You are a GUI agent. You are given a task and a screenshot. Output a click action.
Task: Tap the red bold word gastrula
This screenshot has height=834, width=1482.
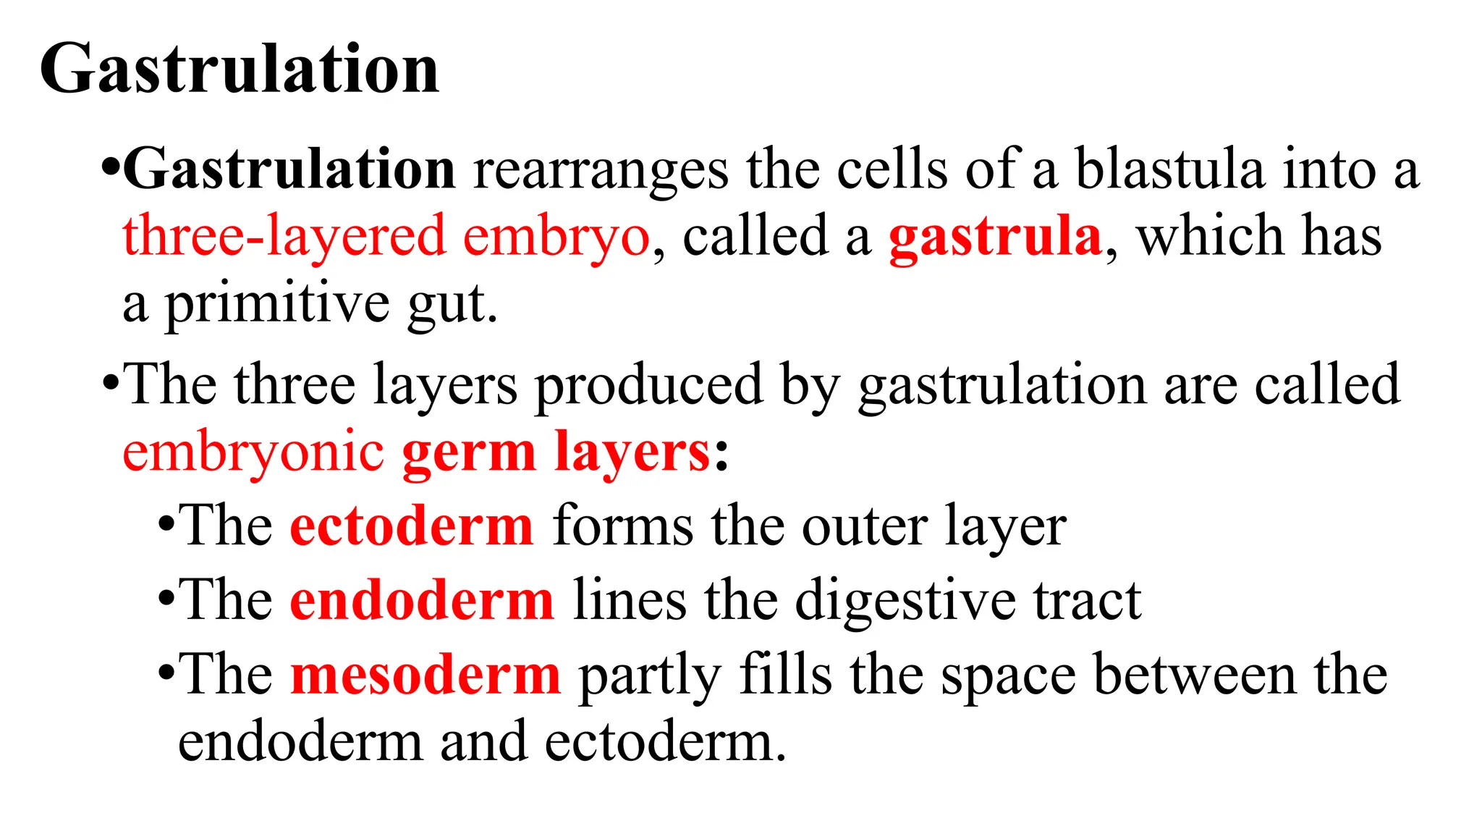click(x=995, y=237)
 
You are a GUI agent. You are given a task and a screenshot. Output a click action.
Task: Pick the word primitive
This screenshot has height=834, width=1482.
click(x=278, y=304)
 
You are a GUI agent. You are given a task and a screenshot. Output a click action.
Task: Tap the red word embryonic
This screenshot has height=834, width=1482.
click(x=253, y=453)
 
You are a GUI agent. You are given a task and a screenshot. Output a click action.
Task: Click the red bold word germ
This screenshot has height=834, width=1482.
click(x=469, y=453)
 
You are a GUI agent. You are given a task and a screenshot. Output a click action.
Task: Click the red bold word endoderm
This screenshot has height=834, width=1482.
click(x=422, y=600)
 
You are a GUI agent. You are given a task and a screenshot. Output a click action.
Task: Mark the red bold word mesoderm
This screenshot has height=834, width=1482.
click(x=425, y=675)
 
